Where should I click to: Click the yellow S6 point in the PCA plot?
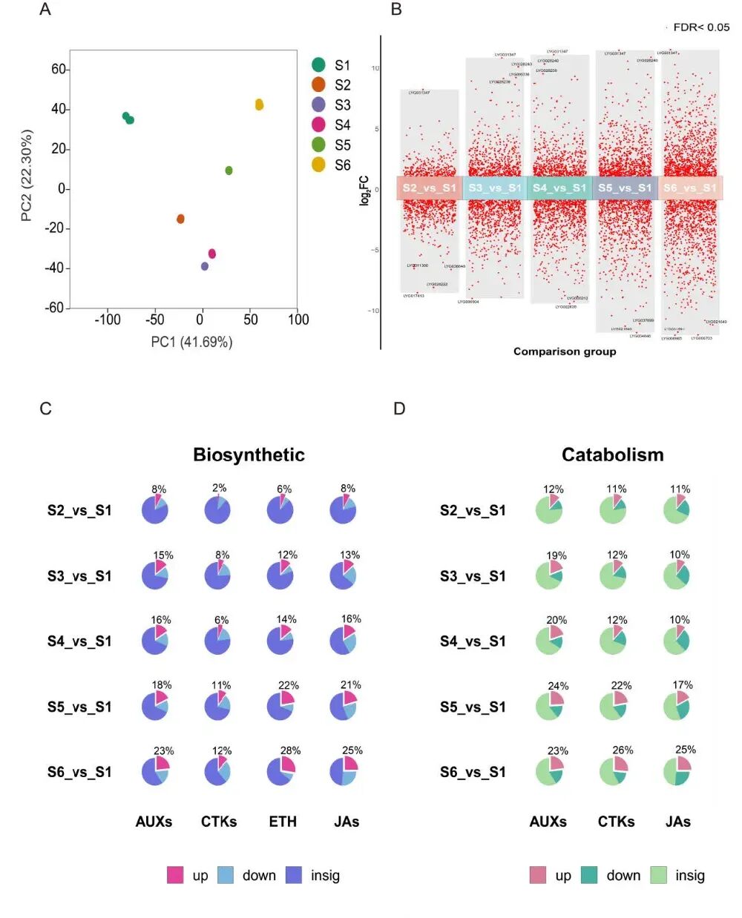[259, 105]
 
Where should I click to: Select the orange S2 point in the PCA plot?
[180, 219]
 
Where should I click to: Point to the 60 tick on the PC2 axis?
[59, 69]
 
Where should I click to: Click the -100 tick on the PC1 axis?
[107, 320]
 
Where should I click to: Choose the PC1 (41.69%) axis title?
[191, 342]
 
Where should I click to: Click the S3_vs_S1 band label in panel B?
[495, 188]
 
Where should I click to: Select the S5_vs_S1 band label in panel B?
[625, 188]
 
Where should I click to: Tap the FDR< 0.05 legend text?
[700, 27]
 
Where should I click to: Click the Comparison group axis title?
[565, 351]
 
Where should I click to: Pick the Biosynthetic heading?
[249, 455]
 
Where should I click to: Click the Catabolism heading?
[612, 455]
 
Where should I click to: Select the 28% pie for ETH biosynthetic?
[280, 771]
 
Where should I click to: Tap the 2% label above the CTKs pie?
[219, 488]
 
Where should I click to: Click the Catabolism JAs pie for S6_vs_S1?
[677, 771]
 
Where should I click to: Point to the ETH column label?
[283, 822]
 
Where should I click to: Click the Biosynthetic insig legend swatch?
[294, 875]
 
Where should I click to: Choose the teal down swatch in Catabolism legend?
[590, 875]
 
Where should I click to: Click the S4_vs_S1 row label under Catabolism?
[473, 641]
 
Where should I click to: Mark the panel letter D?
[399, 409]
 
